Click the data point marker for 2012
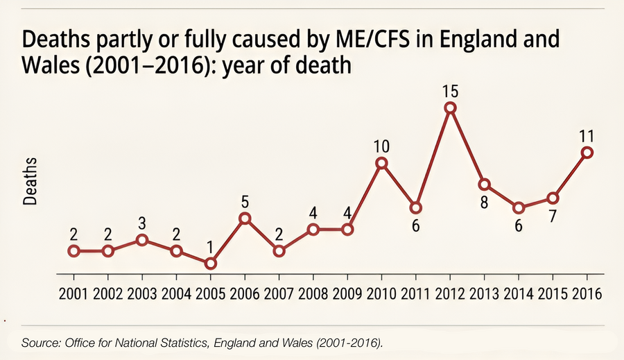click(450, 108)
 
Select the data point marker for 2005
click(210, 263)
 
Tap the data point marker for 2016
click(587, 153)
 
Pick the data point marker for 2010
click(381, 163)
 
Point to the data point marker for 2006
click(245, 218)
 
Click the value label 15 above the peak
click(450, 91)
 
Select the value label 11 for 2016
click(587, 135)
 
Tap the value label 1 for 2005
click(210, 247)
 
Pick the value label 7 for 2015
click(553, 216)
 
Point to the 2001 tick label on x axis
click(73, 293)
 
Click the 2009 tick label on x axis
click(347, 293)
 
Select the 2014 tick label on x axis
click(519, 293)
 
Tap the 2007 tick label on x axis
click(279, 293)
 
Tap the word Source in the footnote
click(40, 343)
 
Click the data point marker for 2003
click(141, 240)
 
